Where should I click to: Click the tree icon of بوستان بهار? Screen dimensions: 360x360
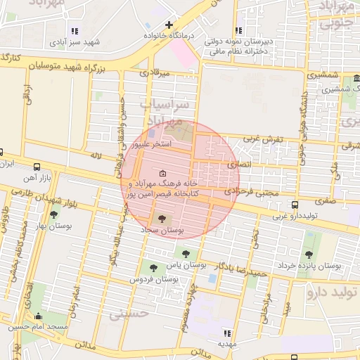(x=53, y=214)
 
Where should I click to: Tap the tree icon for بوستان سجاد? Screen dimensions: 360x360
(x=164, y=219)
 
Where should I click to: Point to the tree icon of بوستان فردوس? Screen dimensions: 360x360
(x=153, y=267)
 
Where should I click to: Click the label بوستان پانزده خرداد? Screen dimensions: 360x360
(x=318, y=266)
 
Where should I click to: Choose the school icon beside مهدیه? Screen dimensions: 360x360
(x=226, y=333)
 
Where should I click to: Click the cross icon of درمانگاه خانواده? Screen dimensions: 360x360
(x=169, y=25)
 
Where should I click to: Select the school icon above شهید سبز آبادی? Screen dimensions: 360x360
(x=75, y=30)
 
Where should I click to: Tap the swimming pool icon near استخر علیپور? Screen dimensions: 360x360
(x=152, y=133)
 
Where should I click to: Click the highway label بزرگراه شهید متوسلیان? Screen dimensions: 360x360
(x=72, y=65)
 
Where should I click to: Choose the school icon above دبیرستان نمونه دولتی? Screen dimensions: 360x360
(x=238, y=30)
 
